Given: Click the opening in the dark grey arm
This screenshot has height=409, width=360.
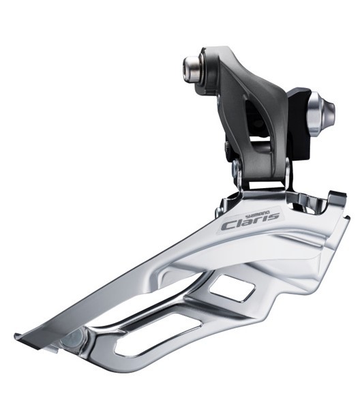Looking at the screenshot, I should click(255, 117).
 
